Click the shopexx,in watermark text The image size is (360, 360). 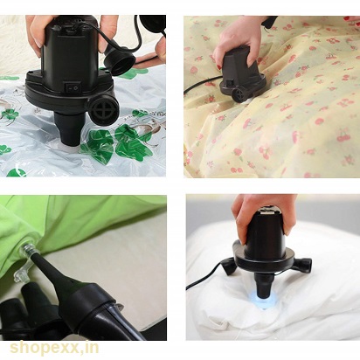[54, 349]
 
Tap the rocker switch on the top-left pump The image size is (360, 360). [73, 87]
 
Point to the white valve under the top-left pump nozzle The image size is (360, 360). [72, 149]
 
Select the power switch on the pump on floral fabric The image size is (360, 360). [230, 82]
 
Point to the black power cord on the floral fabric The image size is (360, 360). [202, 84]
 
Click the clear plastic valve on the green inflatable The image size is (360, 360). [29, 250]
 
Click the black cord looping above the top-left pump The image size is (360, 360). [137, 35]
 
